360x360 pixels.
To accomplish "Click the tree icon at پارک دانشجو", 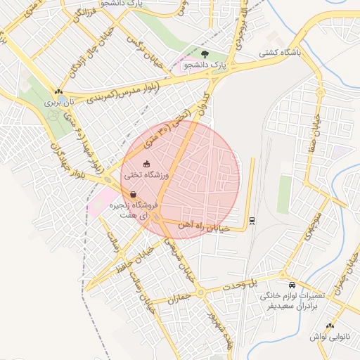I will click(205, 53).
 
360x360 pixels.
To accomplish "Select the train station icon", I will click(252, 220).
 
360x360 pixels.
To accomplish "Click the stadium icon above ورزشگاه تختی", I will click(146, 165).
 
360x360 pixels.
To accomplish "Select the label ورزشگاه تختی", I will click(144, 174).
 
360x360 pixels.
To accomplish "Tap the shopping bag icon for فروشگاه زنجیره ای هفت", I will click(133, 195).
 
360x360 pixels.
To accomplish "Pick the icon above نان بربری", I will click(59, 91).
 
